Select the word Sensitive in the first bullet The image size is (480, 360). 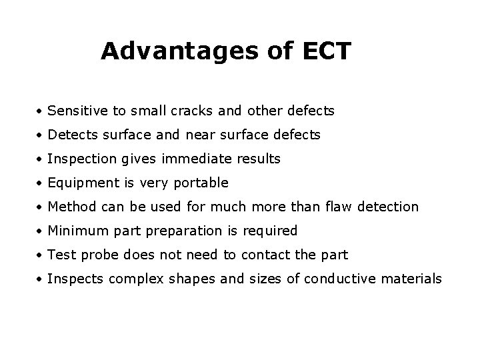(75, 111)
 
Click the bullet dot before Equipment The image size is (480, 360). (41, 183)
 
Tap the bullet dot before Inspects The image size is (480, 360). (41, 279)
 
